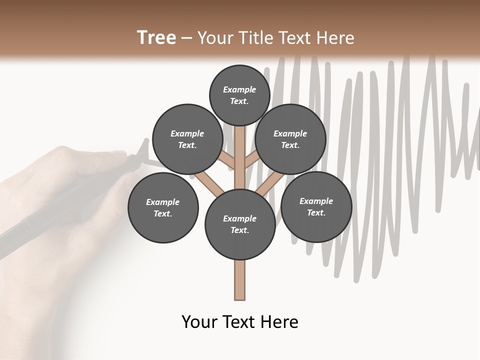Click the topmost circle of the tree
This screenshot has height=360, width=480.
coord(240,95)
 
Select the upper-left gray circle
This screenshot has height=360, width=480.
coord(187,139)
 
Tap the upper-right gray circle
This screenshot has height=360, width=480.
coord(290,139)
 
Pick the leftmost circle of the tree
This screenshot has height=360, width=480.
coord(163,207)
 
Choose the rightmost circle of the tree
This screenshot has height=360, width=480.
coord(316,206)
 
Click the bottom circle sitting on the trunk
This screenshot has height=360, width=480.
coord(240,224)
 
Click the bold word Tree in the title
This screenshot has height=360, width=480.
coord(156,37)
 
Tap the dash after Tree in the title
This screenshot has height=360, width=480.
coord(186,38)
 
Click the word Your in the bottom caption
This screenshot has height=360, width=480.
coord(199,322)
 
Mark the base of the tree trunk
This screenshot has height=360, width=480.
coord(240,295)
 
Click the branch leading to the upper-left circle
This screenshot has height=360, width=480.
coord(227,159)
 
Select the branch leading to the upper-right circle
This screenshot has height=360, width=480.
coord(252,159)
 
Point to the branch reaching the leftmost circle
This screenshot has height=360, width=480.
coord(208,183)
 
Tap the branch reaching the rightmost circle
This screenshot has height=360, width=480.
coord(267,183)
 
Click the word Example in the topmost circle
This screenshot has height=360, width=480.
coord(239,89)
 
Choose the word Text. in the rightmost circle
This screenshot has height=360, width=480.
coord(316,212)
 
